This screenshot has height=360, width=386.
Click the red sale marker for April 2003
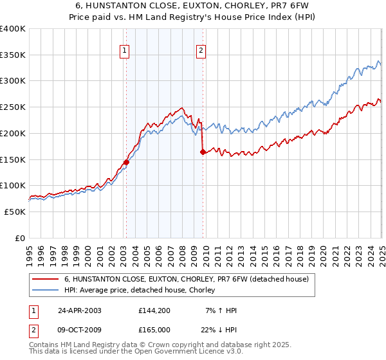[x=126, y=162]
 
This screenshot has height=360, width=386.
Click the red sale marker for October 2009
[x=203, y=152]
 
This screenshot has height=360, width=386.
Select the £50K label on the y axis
[x=15, y=212]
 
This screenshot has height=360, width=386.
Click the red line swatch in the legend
[x=46, y=279]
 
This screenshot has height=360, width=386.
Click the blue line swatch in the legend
[x=46, y=291]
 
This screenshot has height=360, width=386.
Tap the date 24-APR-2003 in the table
[x=79, y=310]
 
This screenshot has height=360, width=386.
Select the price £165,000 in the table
[x=154, y=329]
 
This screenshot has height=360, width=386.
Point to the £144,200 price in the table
[x=154, y=310]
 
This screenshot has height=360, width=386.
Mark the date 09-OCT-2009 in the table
[x=79, y=329]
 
